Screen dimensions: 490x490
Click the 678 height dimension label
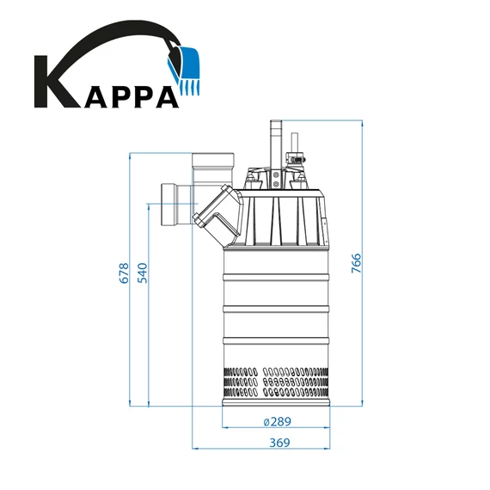tap(124, 273)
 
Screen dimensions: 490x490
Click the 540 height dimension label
tap(144, 273)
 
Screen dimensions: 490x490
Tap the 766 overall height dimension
tap(357, 263)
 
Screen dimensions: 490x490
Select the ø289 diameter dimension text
tap(277, 422)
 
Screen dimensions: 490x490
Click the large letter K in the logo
tap(55, 83)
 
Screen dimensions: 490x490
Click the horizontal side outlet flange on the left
tap(170, 205)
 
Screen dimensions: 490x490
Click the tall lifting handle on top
tap(276, 142)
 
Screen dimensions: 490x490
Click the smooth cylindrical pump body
tap(277, 292)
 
